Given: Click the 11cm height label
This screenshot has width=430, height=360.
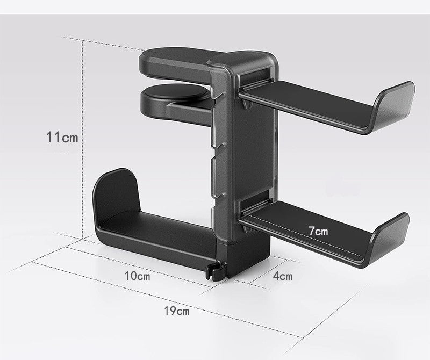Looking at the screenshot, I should tap(62, 138).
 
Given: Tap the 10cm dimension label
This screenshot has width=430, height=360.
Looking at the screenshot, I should tap(137, 276).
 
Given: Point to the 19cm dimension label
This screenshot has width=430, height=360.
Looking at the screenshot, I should tap(176, 311).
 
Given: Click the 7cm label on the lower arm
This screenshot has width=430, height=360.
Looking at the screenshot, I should tap(318, 231).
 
